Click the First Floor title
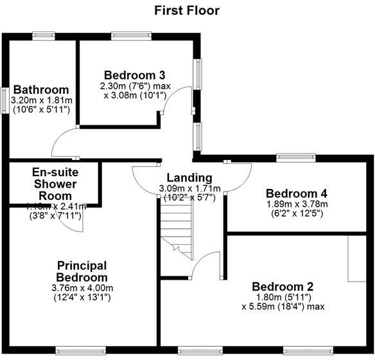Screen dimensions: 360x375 point(187,10)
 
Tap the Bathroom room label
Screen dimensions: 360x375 point(41,89)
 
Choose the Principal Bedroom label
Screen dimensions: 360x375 point(81,271)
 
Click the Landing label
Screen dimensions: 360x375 point(189,178)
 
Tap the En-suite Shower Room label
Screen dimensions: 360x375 point(54,184)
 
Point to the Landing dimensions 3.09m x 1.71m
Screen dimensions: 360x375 point(189,188)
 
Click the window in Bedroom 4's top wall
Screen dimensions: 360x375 point(295,156)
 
